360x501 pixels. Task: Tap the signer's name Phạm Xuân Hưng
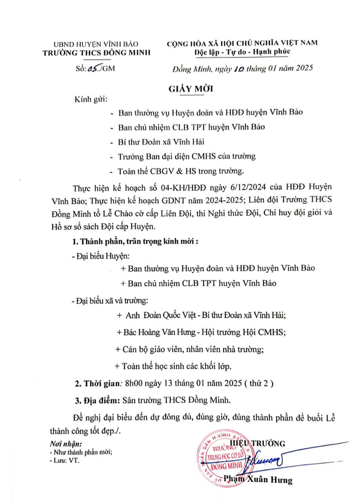258,479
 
